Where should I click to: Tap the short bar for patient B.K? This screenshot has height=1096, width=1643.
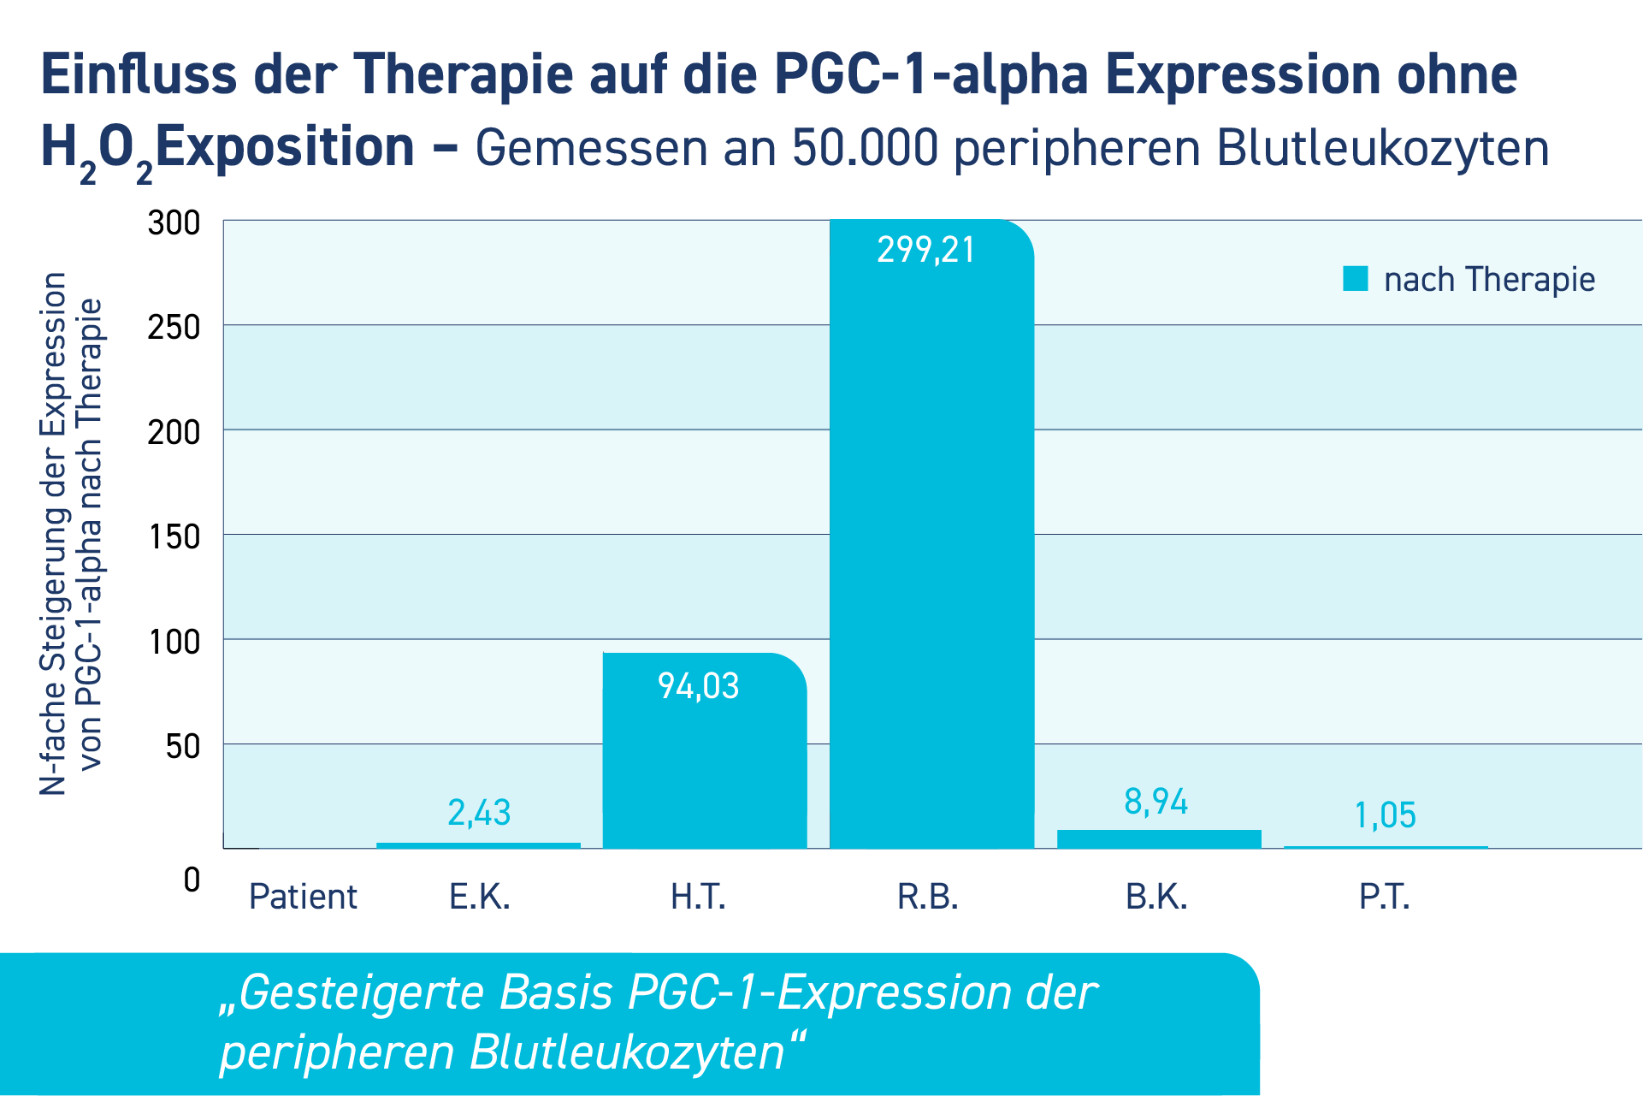(1159, 838)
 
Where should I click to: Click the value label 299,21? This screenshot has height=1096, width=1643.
(925, 250)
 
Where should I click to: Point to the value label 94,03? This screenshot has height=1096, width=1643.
(698, 686)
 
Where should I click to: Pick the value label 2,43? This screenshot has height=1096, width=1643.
(479, 813)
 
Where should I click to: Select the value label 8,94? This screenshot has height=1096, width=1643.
(1155, 802)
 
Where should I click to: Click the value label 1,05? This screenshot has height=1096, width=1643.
(1385, 815)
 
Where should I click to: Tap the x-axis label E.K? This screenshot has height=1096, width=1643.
(479, 897)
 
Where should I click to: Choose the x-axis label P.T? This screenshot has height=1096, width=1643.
(1384, 897)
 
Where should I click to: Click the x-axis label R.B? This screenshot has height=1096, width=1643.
(927, 897)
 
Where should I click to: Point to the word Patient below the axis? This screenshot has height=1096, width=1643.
(303, 897)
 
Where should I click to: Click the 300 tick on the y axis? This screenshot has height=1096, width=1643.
(174, 223)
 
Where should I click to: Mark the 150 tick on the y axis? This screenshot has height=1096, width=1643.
(174, 537)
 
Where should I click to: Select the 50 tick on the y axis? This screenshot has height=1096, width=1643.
(182, 747)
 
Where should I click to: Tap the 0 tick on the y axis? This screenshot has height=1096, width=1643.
(192, 880)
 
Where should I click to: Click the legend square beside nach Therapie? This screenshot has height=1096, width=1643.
(1356, 279)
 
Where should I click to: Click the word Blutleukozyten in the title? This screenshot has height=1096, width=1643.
(1382, 148)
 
